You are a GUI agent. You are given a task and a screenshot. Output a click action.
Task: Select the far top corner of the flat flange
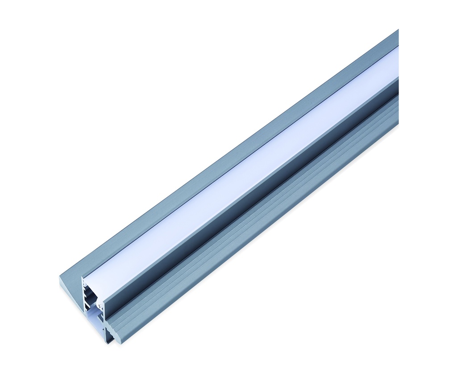(397, 31)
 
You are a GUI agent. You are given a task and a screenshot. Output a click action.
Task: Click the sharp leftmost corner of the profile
(60, 276)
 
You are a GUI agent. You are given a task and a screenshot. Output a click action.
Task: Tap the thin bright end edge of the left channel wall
(83, 295)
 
